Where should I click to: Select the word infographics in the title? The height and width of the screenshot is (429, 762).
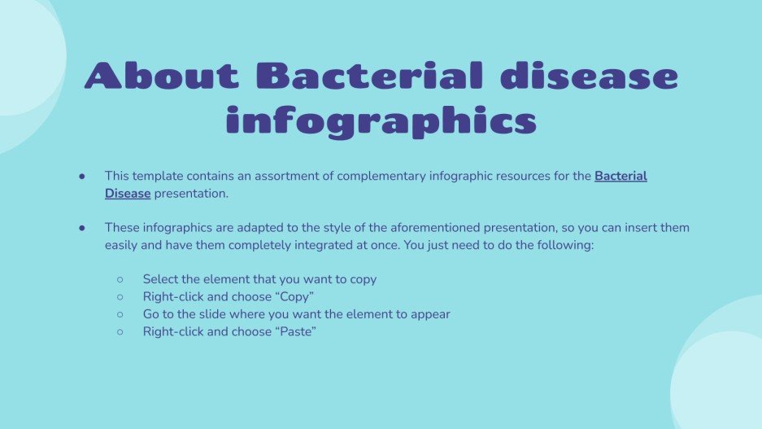pyautogui.click(x=381, y=120)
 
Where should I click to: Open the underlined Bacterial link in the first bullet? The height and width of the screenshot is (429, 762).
pyautogui.click(x=620, y=176)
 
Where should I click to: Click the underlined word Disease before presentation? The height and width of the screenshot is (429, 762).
pyautogui.click(x=128, y=194)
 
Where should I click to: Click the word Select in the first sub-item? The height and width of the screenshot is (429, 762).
pyautogui.click(x=161, y=279)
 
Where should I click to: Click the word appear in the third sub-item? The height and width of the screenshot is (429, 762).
pyautogui.click(x=431, y=313)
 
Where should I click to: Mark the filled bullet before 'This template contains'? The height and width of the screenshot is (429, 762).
pyautogui.click(x=82, y=176)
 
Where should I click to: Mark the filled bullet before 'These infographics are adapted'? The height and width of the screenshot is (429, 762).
pyautogui.click(x=82, y=228)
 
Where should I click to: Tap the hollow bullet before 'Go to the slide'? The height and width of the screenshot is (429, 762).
pyautogui.click(x=120, y=313)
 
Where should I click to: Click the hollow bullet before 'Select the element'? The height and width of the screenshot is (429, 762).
pyautogui.click(x=120, y=279)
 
